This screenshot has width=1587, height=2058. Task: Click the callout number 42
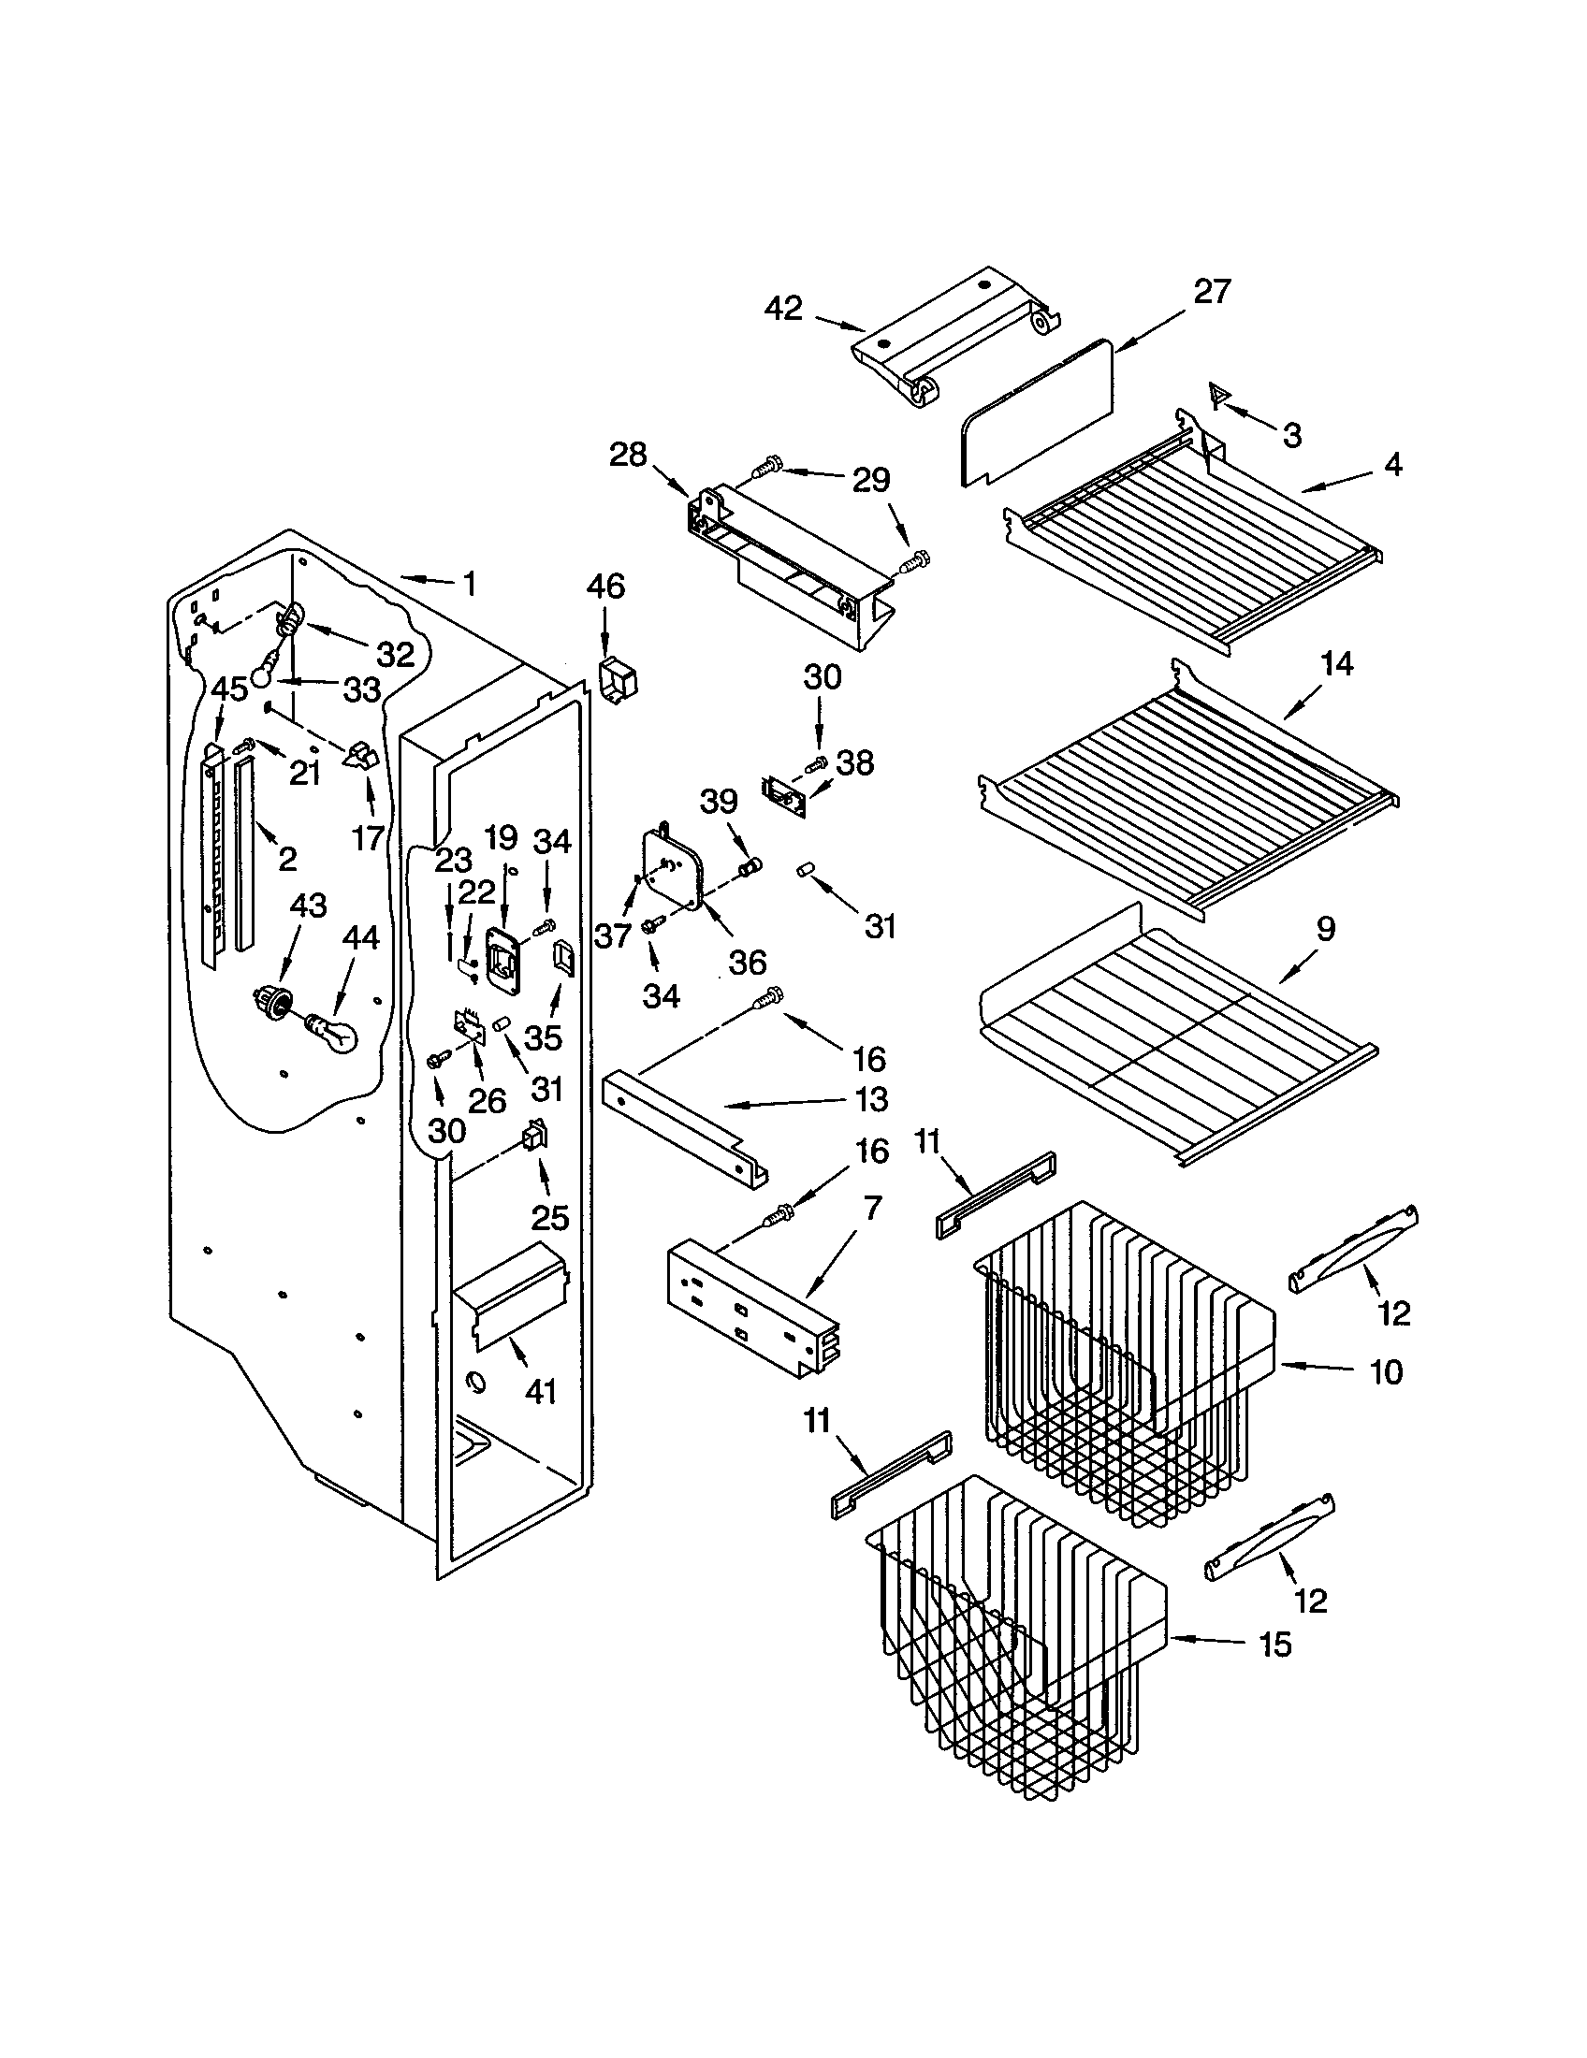tap(783, 308)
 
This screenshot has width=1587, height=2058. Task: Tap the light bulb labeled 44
tap(338, 1035)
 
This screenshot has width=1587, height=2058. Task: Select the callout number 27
tap(1212, 292)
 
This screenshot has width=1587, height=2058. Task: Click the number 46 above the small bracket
tap(605, 587)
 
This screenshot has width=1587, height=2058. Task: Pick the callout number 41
tap(541, 1391)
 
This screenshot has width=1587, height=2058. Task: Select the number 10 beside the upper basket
tap(1385, 1372)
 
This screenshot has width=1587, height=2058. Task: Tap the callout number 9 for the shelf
tap(1325, 929)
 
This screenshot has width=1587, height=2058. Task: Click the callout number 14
tap(1336, 664)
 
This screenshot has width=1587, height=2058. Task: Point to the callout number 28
tap(628, 456)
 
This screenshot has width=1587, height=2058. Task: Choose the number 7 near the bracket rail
tap(873, 1208)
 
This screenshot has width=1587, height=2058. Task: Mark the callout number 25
tap(550, 1217)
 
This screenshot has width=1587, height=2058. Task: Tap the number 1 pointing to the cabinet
tap(469, 584)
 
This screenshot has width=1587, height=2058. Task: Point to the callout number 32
tap(396, 654)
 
